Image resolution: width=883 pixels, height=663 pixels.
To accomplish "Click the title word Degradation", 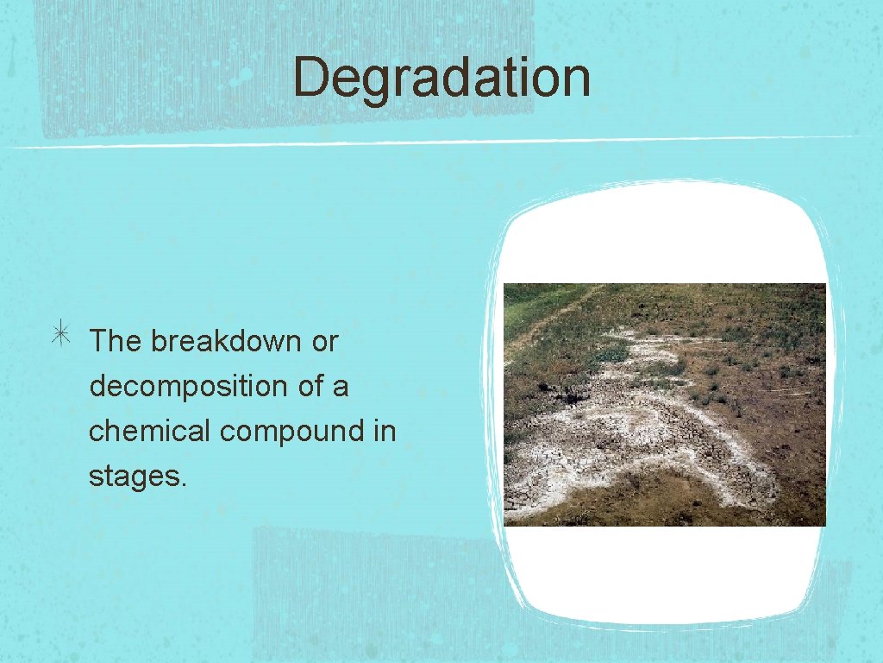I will (x=441, y=78).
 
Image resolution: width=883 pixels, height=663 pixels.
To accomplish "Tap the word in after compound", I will (x=385, y=430).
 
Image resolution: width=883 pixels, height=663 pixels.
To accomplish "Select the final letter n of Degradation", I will (x=577, y=79).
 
